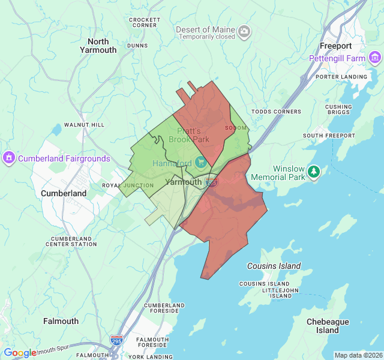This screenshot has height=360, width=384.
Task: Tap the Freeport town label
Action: (x=335, y=46)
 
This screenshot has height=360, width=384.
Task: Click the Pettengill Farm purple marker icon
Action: (x=376, y=58)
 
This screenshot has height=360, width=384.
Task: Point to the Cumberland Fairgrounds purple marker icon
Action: (x=8, y=158)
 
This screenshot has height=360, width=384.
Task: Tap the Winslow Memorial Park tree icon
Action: (x=313, y=172)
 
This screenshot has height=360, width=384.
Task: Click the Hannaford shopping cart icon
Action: (x=200, y=163)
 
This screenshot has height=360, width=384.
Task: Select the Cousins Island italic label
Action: (x=274, y=266)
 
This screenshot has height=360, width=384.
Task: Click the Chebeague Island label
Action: (x=328, y=326)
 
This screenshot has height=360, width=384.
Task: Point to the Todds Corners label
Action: (x=276, y=112)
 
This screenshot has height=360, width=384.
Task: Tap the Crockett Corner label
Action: (x=145, y=23)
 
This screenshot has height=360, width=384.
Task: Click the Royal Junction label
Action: (x=128, y=185)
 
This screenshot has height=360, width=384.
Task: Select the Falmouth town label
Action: (x=61, y=321)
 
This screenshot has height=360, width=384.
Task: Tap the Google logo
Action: (x=20, y=353)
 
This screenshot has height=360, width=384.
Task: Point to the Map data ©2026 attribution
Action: (x=358, y=355)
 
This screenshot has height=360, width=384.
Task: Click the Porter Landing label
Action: (x=341, y=77)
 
